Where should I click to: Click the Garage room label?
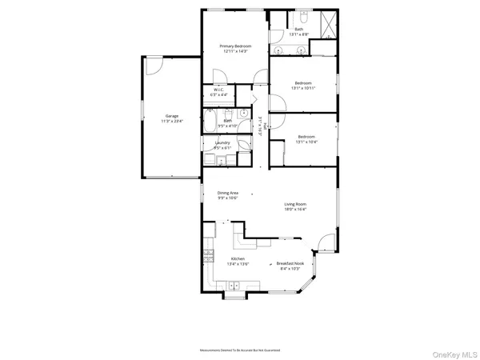pyautogui.click(x=150, y=116)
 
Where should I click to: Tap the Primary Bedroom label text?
pyautogui.click(x=236, y=46)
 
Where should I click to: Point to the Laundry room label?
pyautogui.click(x=222, y=142)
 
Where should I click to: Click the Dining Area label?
pyautogui.click(x=228, y=193)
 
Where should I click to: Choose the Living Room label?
pyautogui.click(x=295, y=204)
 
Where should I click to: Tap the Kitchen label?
pyautogui.click(x=238, y=259)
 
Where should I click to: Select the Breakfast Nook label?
pyautogui.click(x=290, y=263)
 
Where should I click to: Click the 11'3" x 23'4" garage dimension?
pyautogui.click(x=150, y=122)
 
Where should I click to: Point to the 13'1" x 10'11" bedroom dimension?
pyautogui.click(x=302, y=89)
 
